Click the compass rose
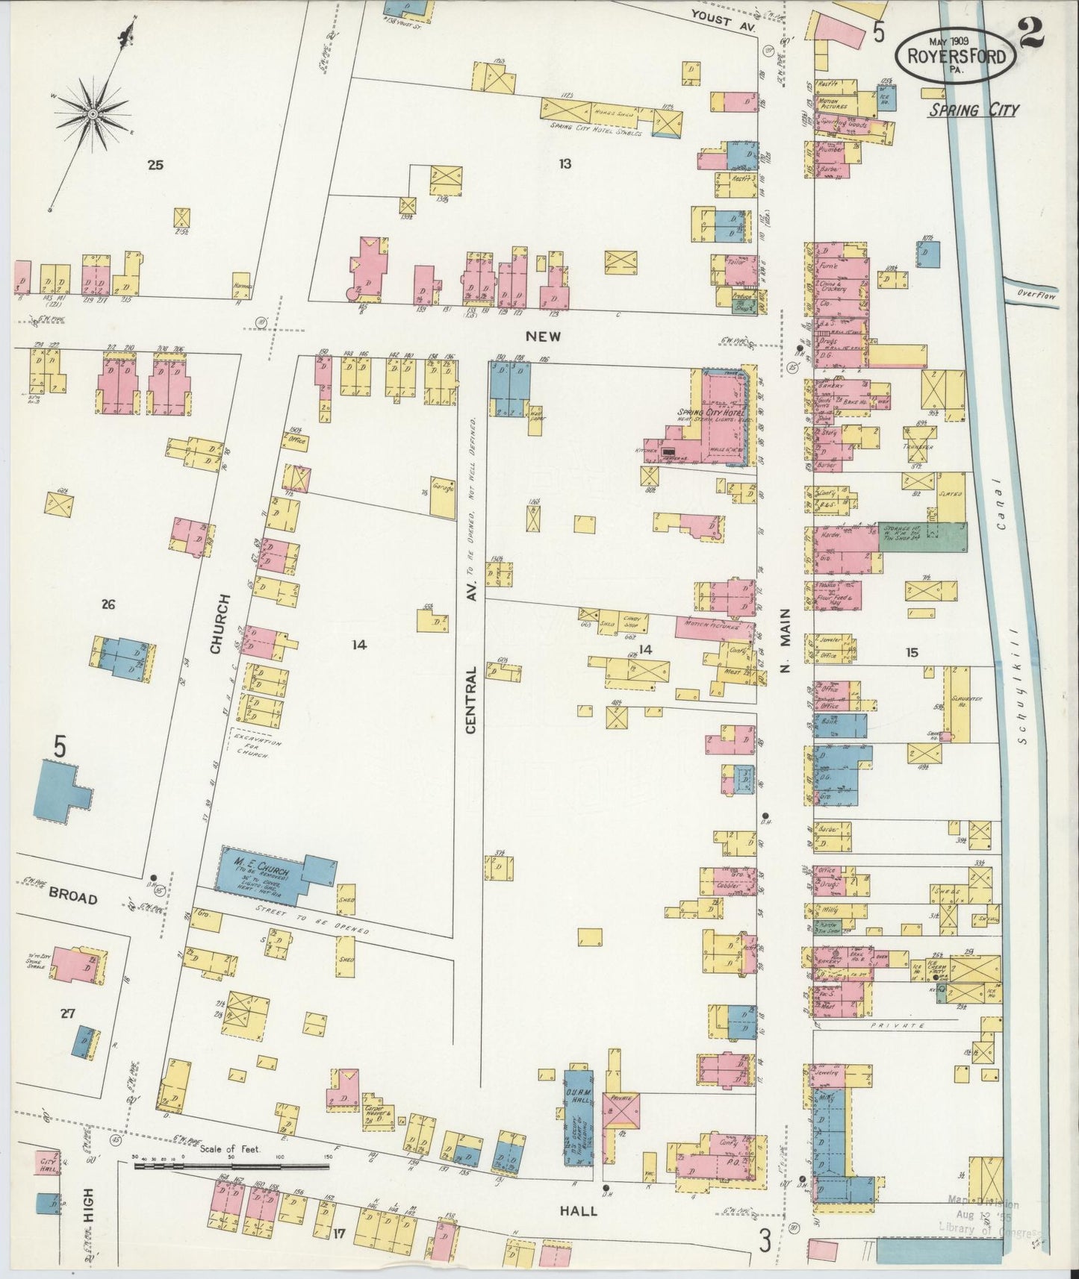pyautogui.click(x=92, y=113)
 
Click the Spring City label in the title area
pyautogui.click(x=973, y=110)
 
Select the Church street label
pyautogui.click(x=217, y=624)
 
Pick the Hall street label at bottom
pyautogui.click(x=580, y=1210)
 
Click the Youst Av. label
pyautogui.click(x=723, y=19)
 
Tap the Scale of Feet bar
pyautogui.click(x=231, y=1165)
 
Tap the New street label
pyautogui.click(x=543, y=337)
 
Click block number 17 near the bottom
pyautogui.click(x=340, y=1233)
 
